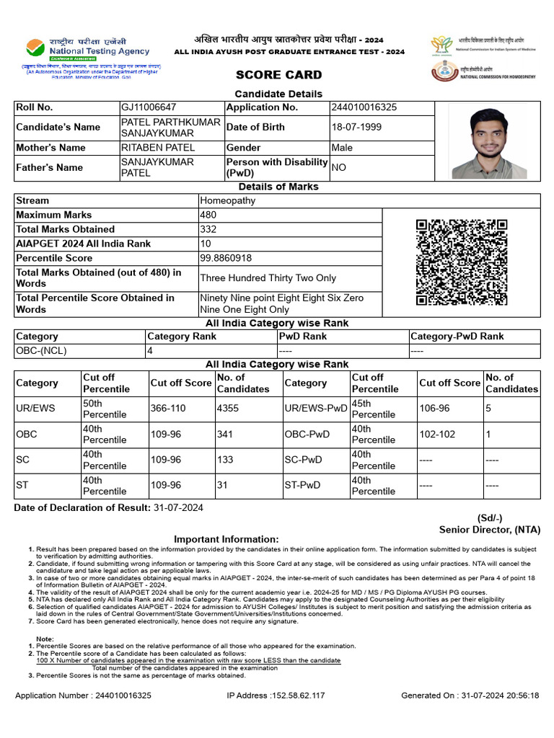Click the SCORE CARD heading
tap(278, 75)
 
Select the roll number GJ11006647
tap(149, 107)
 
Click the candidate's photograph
tap(489, 141)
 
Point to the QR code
tap(462, 262)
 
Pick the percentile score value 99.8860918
tap(226, 258)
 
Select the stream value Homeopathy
tap(228, 200)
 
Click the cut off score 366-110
tap(171, 409)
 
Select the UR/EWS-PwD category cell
tap(316, 409)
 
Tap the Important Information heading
tap(226, 539)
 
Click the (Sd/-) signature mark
tap(490, 518)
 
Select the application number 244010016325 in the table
tap(364, 107)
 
